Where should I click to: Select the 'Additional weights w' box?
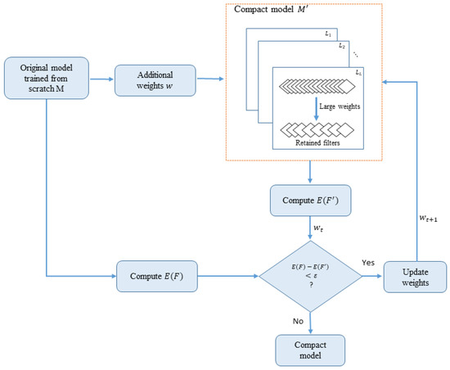tap(151, 80)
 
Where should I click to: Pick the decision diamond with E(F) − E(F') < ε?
tap(310, 274)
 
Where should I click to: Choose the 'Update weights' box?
tap(416, 275)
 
